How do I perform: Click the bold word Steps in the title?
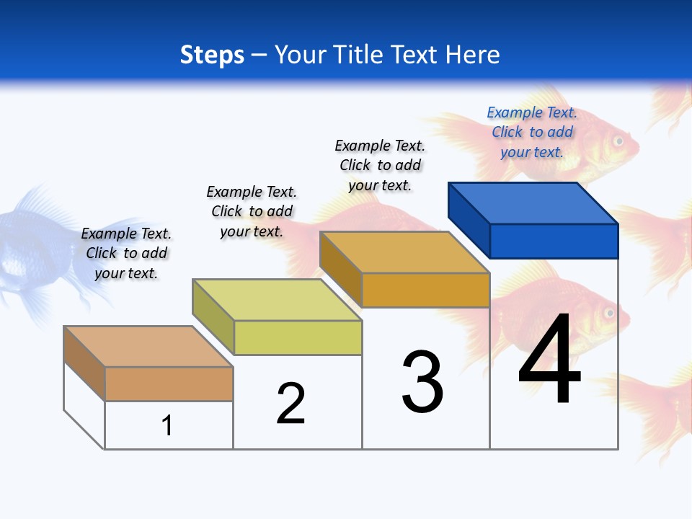pyautogui.click(x=212, y=55)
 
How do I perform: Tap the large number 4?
pyautogui.click(x=549, y=360)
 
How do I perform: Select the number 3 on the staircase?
pyautogui.click(x=422, y=382)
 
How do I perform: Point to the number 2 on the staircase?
pyautogui.click(x=291, y=403)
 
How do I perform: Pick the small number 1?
pyautogui.click(x=167, y=425)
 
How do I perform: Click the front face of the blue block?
pyautogui.click(x=554, y=241)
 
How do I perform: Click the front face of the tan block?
pyautogui.click(x=169, y=383)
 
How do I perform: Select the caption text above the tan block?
pyautogui.click(x=126, y=253)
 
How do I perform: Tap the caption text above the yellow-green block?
pyautogui.click(x=252, y=211)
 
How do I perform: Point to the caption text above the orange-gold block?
pyautogui.click(x=380, y=165)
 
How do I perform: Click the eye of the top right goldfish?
pyautogui.click(x=618, y=141)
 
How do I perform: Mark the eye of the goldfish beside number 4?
pyautogui.click(x=609, y=314)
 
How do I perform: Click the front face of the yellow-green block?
pyautogui.click(x=298, y=337)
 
